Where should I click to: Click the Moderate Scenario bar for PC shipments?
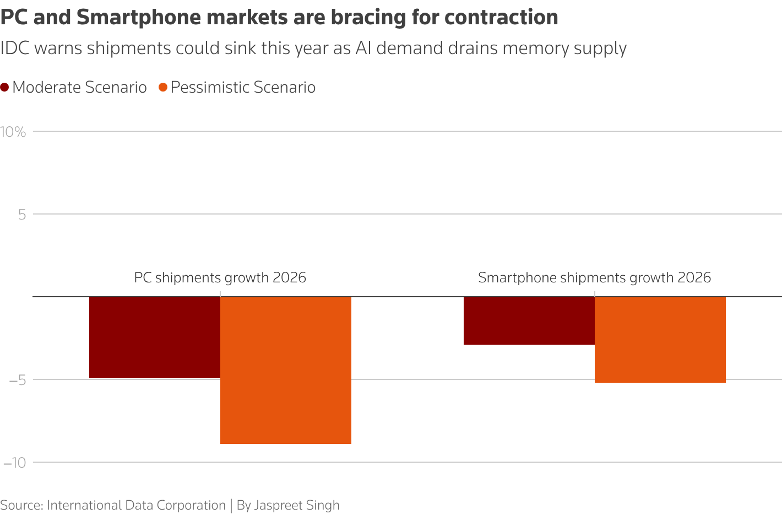click(155, 337)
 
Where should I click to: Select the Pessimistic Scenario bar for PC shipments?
click(285, 370)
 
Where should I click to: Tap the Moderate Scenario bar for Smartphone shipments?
click(529, 320)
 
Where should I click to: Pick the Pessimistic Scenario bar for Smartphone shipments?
click(660, 339)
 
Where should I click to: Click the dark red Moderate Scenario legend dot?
click(5, 87)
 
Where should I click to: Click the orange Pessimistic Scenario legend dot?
click(162, 87)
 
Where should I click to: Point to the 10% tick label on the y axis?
click(13, 132)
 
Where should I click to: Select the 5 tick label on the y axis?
click(22, 215)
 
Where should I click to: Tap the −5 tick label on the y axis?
click(17, 380)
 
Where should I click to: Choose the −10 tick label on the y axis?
click(14, 463)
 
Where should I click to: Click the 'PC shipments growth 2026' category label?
click(220, 277)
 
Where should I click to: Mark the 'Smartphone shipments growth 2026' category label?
click(594, 277)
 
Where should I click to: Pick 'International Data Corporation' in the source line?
click(136, 505)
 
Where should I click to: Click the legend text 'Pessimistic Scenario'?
click(243, 87)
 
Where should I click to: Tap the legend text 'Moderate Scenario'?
click(79, 87)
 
